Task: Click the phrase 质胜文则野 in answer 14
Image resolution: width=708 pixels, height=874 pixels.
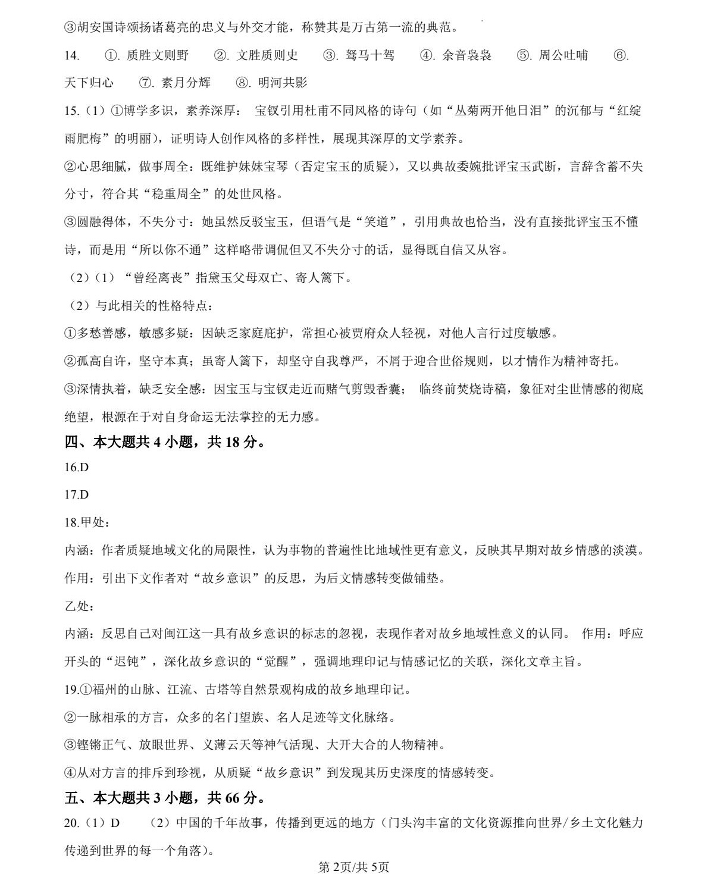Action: click(x=157, y=55)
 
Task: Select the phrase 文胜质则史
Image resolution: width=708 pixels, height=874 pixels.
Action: click(x=267, y=55)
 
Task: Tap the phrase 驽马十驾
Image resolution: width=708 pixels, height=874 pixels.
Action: click(x=370, y=55)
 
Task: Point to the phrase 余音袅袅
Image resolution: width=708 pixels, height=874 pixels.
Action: click(x=467, y=55)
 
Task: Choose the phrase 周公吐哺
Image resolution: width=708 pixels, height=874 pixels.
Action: click(x=563, y=55)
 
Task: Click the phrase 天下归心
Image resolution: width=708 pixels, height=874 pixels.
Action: click(x=89, y=83)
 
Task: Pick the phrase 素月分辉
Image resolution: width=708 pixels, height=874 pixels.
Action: click(x=186, y=83)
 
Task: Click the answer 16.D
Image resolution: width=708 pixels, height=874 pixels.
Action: click(x=76, y=467)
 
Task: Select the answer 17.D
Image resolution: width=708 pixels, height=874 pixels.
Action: click(x=76, y=494)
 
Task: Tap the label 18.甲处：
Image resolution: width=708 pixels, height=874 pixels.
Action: click(x=87, y=522)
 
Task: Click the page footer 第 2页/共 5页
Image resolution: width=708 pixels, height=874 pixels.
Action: click(x=354, y=867)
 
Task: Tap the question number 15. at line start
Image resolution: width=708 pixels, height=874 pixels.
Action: click(x=71, y=111)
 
